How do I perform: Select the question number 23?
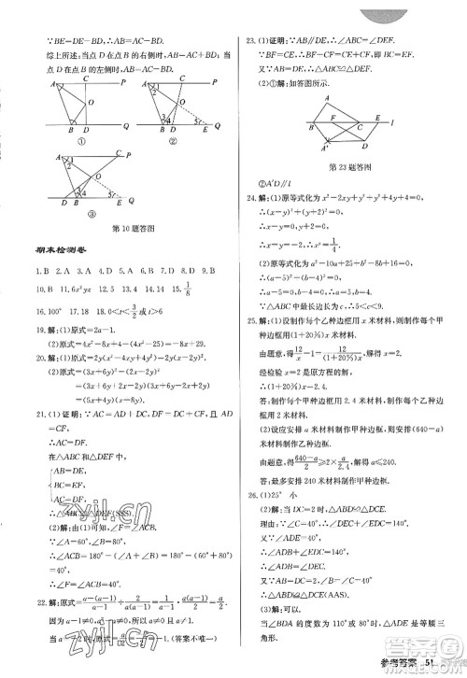point(249,41)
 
